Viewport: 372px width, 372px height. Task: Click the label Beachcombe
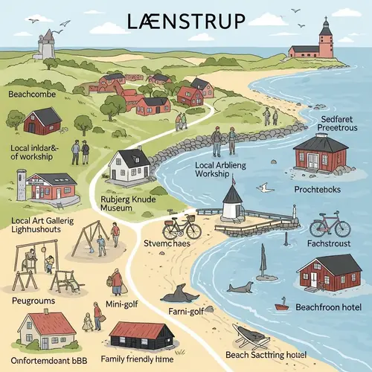pos(33,94)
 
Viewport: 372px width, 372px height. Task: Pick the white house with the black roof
pos(129,164)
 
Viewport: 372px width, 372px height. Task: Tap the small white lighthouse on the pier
pos(232,202)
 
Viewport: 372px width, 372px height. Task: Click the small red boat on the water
pos(281,305)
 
